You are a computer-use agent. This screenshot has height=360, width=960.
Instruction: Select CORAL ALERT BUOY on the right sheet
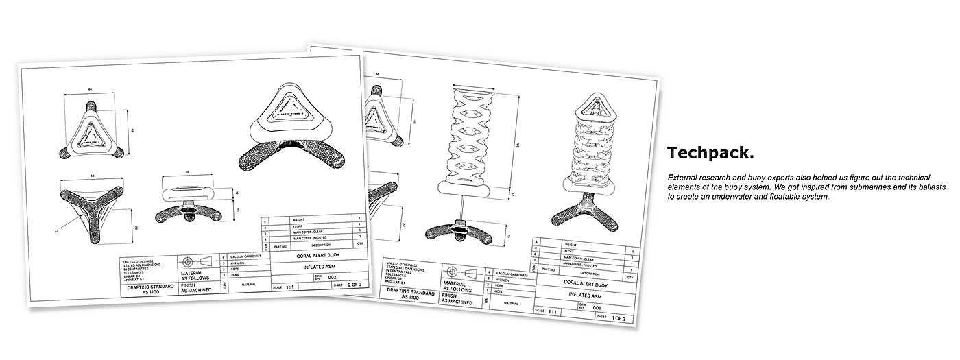pyautogui.click(x=585, y=282)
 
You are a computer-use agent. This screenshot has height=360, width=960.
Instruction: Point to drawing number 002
pyautogui.click(x=332, y=277)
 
